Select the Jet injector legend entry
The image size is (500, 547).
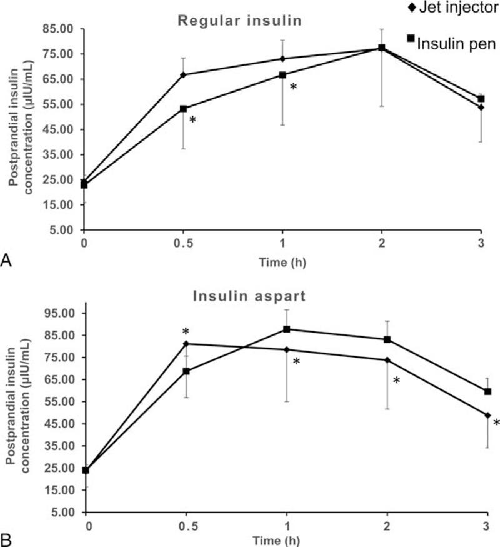[x=444, y=10]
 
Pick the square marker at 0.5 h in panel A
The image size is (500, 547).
[x=183, y=109]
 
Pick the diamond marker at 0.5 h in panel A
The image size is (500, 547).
[x=183, y=74]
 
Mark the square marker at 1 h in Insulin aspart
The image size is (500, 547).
[x=287, y=329]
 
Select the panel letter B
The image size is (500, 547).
[x=7, y=538]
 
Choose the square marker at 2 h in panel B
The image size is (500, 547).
[x=387, y=339]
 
